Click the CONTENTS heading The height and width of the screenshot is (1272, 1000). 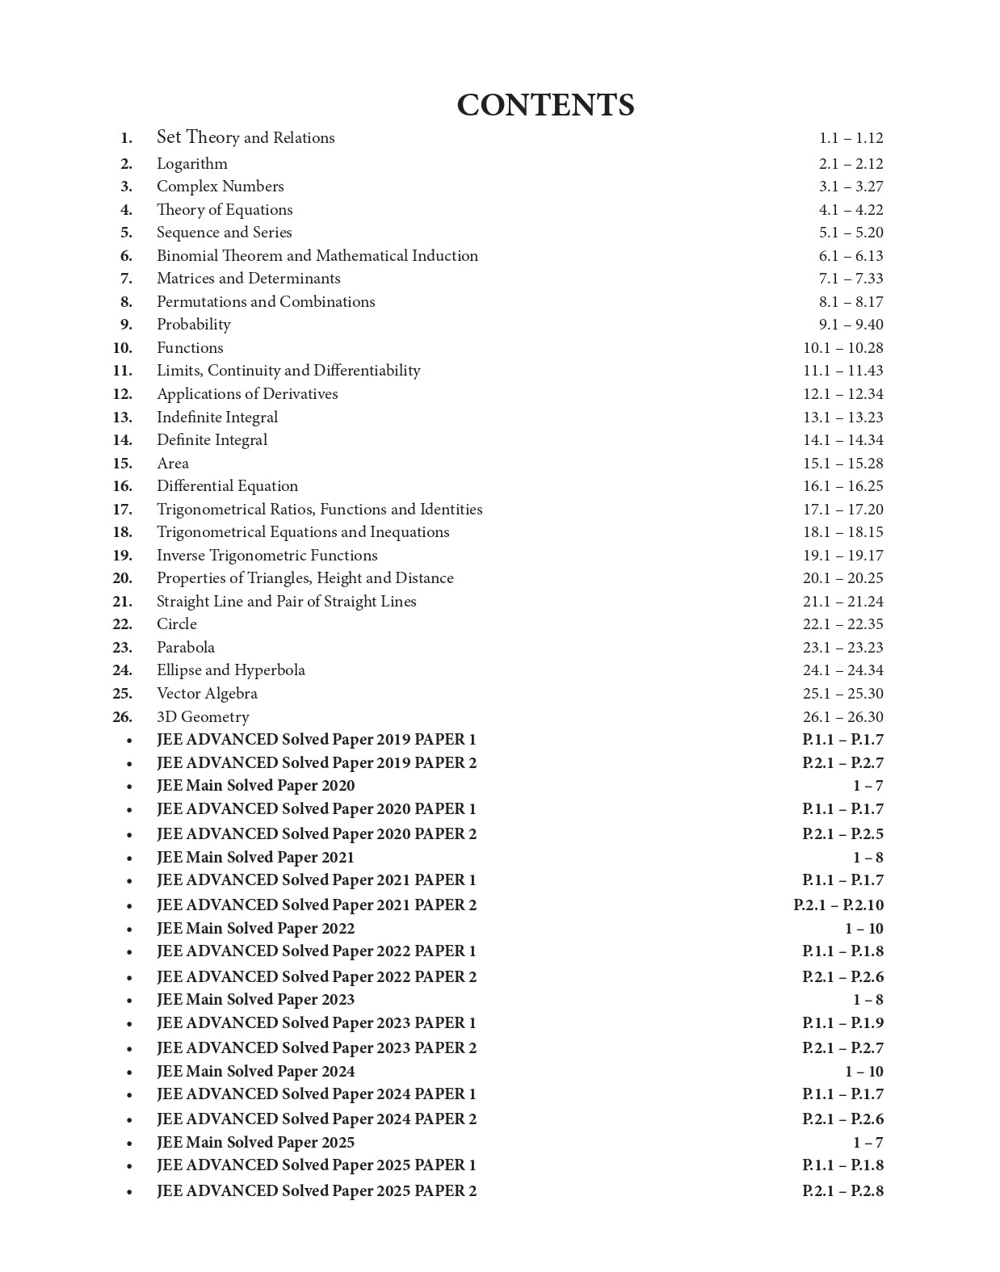tap(545, 105)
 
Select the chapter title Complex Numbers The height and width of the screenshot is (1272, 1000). tap(220, 187)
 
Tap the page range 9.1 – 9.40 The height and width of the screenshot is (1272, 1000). tap(851, 325)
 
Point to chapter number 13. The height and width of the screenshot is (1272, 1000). tap(123, 418)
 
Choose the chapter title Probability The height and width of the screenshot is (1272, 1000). tap(193, 325)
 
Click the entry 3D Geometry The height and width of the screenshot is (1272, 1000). tap(203, 717)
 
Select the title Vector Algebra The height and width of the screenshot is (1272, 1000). tap(207, 694)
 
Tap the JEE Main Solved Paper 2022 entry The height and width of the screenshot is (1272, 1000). tap(255, 929)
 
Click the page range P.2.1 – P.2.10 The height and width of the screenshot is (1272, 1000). tap(838, 905)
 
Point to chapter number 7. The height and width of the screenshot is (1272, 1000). tap(126, 279)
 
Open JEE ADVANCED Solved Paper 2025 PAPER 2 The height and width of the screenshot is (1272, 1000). tap(316, 1191)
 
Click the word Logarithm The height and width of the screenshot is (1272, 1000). tap(191, 164)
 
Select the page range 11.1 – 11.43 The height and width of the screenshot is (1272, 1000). tap(842, 371)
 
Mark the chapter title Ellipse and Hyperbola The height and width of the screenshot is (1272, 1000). tap(230, 670)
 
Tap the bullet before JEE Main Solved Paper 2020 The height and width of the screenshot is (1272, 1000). tap(129, 787)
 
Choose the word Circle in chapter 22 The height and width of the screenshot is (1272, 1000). tap(176, 624)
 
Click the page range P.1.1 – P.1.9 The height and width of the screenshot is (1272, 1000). tap(842, 1023)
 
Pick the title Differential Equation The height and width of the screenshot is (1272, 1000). tap(227, 486)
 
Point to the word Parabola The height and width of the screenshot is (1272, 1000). tap(185, 648)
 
